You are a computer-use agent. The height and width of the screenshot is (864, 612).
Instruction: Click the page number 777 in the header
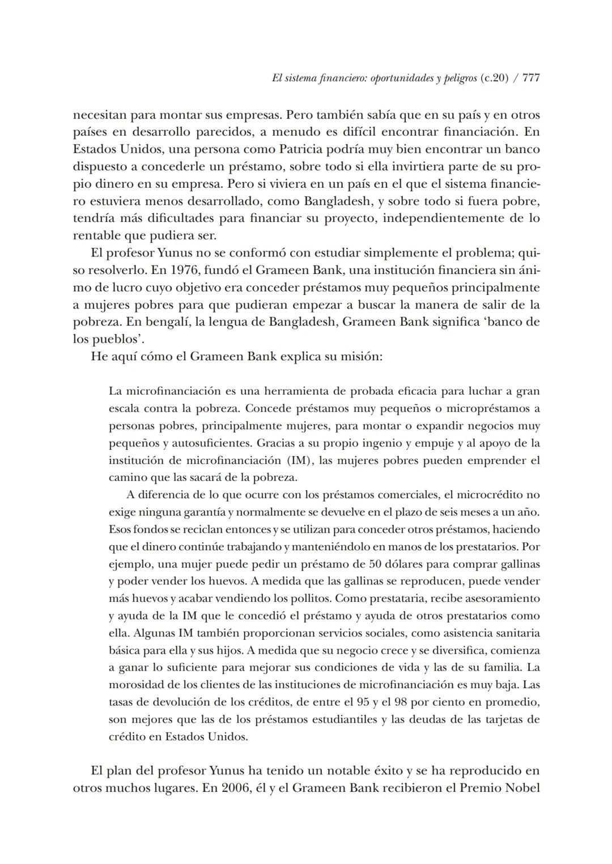[531, 79]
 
